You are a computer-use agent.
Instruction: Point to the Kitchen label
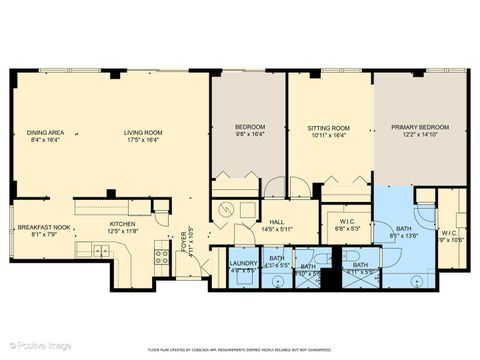point(122,224)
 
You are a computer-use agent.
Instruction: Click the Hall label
point(276,223)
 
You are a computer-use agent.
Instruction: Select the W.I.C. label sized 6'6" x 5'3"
point(346,223)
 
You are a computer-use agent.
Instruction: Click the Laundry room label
point(243,264)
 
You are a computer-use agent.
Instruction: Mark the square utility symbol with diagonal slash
point(226,211)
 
